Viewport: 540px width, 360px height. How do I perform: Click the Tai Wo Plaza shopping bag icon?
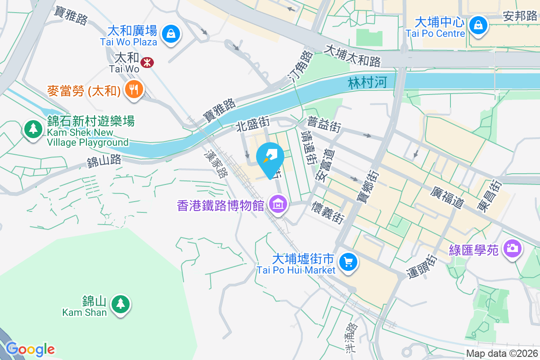click(171, 33)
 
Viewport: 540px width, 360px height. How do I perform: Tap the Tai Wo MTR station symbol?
click(147, 62)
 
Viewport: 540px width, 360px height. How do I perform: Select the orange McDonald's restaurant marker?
click(134, 89)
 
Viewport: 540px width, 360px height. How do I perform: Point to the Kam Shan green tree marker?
click(120, 304)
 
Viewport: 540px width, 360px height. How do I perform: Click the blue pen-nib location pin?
click(270, 158)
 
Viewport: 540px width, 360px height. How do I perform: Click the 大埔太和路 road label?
click(352, 55)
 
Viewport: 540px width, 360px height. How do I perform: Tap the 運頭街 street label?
click(423, 267)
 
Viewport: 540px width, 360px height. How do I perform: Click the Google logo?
click(30, 349)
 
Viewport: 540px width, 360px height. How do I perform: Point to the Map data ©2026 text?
click(502, 354)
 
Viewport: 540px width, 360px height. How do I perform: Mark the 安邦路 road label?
click(520, 17)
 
